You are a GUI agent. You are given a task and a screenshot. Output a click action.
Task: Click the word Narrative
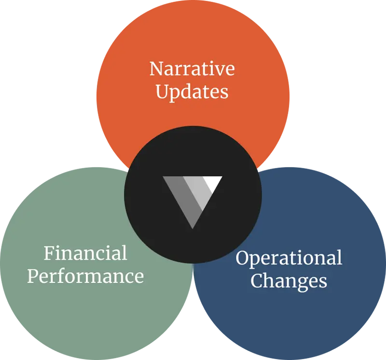192,69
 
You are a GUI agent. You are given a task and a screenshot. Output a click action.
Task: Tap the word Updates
192,92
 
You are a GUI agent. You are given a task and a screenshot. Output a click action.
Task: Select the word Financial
85,253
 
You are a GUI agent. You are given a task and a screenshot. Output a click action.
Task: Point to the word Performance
85,276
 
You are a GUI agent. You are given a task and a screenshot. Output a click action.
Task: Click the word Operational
289,258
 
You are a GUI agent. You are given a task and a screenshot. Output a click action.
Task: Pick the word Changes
289,280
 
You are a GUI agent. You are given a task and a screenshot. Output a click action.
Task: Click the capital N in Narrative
156,69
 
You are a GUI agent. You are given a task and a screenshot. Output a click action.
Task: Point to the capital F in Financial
48,253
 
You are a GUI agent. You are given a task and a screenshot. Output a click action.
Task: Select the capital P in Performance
33,276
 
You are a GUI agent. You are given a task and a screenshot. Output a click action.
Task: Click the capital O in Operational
242,258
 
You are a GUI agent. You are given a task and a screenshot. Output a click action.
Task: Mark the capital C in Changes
257,280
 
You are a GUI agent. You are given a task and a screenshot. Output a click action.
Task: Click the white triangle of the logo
213,183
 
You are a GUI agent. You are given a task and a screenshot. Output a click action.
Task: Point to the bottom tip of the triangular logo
193,227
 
